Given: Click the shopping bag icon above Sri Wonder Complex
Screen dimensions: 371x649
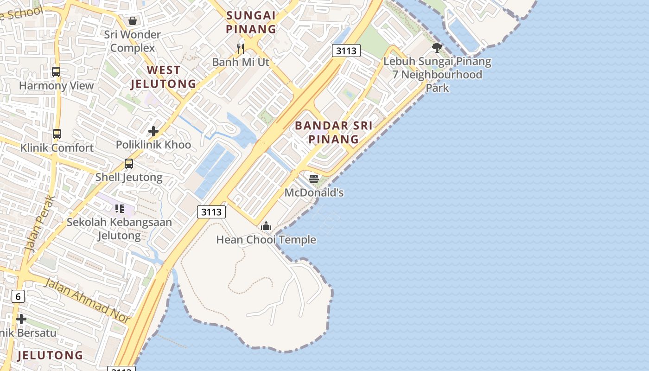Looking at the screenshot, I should click(x=133, y=21).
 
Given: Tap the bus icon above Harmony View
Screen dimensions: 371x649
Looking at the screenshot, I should click(x=56, y=72).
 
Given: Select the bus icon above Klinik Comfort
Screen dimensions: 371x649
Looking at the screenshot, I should click(x=57, y=134).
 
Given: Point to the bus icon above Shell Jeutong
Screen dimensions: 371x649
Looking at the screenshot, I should click(x=129, y=164).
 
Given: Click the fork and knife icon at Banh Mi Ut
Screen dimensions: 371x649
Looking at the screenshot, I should click(x=240, y=48).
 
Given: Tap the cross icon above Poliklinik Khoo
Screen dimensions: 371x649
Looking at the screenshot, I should click(x=153, y=131).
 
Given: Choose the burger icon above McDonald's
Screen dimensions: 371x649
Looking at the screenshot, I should click(x=314, y=179).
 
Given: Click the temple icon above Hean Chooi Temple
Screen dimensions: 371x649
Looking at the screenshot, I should click(x=266, y=226).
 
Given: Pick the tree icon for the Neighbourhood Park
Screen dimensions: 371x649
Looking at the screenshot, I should click(x=437, y=47).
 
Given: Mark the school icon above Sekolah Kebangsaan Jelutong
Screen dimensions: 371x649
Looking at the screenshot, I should click(x=120, y=209).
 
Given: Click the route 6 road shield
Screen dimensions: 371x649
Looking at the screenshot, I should click(x=18, y=296).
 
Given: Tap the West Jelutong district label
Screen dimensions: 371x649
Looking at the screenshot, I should click(x=163, y=77).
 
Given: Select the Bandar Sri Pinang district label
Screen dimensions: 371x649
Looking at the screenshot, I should click(x=333, y=132).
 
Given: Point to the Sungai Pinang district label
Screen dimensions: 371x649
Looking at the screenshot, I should click(x=251, y=22).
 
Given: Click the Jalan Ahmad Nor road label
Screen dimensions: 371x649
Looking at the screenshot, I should click(x=87, y=299).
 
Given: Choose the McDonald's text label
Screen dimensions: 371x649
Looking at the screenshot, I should click(x=314, y=192).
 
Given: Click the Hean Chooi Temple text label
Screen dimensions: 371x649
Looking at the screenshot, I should click(x=266, y=240).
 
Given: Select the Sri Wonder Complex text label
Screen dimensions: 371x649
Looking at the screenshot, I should click(x=133, y=41).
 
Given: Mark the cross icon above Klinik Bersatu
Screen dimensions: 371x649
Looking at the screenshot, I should click(x=21, y=319).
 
